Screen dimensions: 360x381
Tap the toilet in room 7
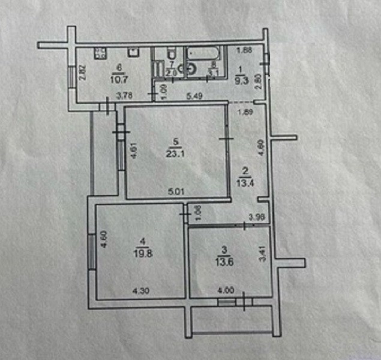pos(170,52)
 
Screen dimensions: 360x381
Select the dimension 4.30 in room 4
pos(141,292)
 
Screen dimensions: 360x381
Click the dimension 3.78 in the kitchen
pos(124,94)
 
